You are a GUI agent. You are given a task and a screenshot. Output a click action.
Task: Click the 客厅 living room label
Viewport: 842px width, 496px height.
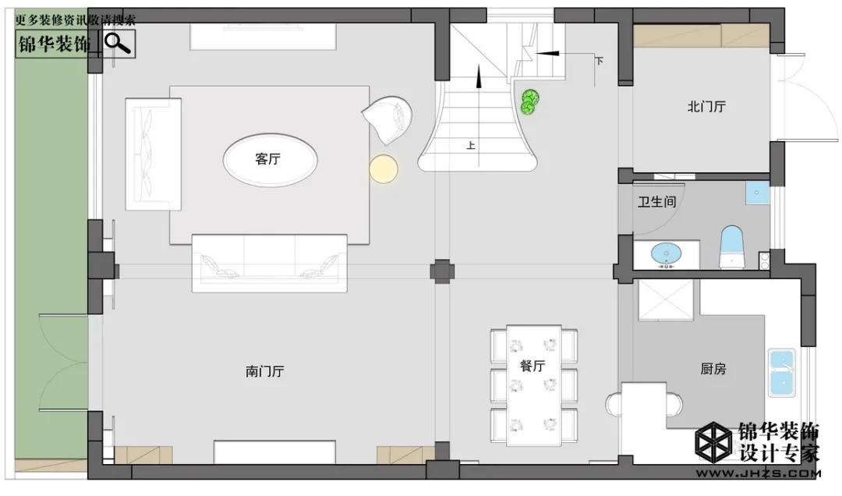point(267,159)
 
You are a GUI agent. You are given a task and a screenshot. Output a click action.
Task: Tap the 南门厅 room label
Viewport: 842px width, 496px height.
point(265,371)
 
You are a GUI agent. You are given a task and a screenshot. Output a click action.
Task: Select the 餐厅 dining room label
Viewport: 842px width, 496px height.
point(532,366)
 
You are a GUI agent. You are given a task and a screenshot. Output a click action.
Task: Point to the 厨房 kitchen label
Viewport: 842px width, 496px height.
point(713,369)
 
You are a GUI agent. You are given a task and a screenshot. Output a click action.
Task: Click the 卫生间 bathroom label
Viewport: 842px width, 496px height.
point(656,202)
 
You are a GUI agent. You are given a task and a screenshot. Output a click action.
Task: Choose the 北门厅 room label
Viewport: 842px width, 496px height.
point(706,106)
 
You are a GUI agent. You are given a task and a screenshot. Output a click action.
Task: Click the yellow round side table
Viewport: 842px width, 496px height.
point(384,168)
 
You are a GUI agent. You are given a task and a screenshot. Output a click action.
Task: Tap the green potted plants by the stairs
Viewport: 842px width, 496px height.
point(530,102)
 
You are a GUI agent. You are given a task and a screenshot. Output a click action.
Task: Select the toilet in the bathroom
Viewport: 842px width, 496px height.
point(732,247)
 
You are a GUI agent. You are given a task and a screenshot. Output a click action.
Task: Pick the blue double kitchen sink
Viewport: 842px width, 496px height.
point(782,373)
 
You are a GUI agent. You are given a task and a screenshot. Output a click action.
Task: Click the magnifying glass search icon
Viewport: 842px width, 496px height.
point(118,43)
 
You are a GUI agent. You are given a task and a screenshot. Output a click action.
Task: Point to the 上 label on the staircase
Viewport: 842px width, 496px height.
point(470,146)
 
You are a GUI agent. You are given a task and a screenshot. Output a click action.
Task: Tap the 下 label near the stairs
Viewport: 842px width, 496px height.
point(600,61)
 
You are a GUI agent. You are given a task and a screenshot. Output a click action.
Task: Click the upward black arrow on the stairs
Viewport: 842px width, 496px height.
point(479,77)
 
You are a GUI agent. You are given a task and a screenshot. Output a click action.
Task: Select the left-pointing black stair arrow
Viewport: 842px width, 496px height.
point(547,53)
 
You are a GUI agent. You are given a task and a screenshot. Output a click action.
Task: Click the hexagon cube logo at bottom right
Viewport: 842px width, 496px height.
point(713,441)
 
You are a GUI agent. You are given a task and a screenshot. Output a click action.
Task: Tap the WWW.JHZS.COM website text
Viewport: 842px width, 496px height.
point(759,473)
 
